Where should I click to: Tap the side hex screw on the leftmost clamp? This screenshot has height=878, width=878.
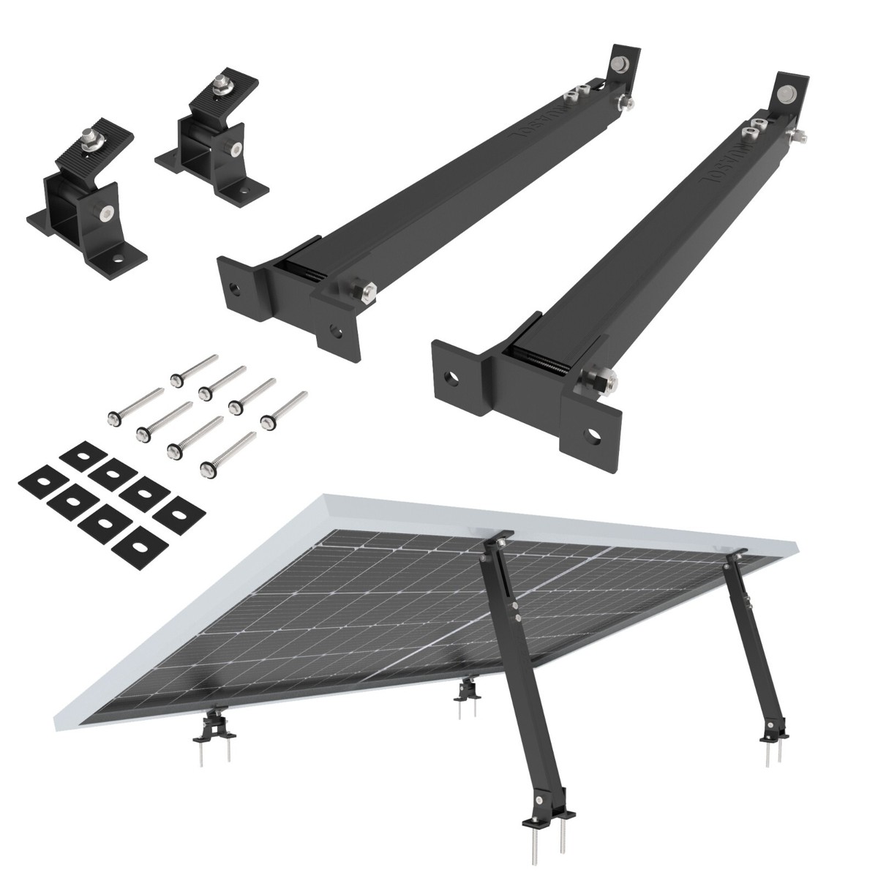(x=107, y=214)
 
